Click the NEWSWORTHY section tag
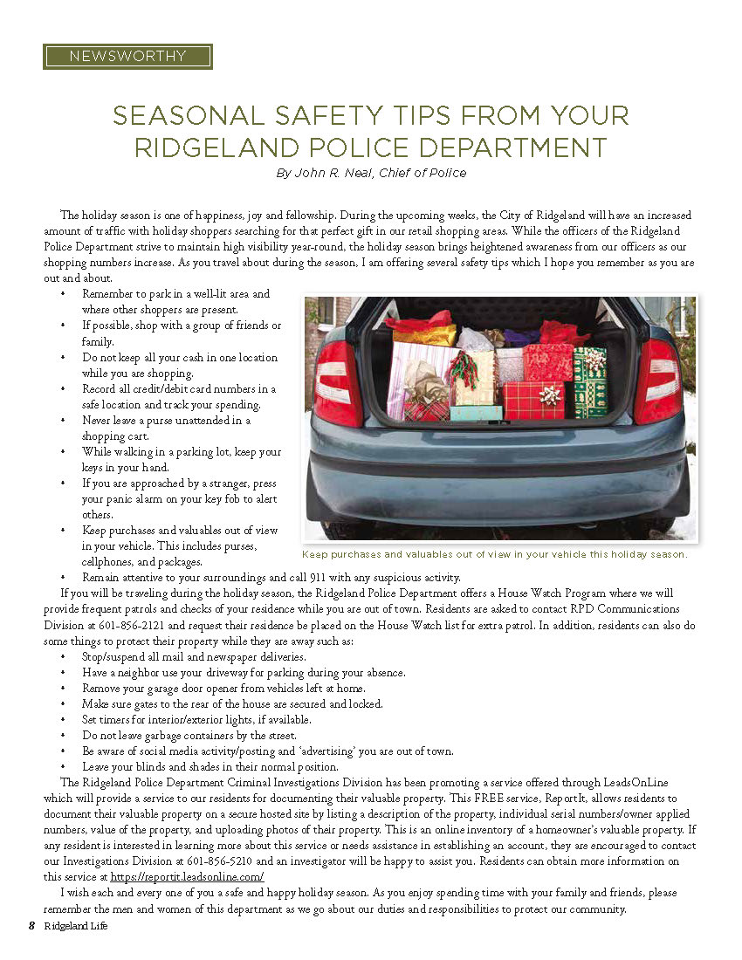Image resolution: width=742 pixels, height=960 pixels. point(127,57)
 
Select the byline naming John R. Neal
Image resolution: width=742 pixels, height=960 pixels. point(371,173)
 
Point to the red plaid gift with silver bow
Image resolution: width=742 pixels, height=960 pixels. point(534,399)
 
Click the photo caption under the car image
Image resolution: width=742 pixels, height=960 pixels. point(495,554)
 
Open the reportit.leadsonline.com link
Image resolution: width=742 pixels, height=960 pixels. point(187,877)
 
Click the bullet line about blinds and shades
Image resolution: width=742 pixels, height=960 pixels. point(210,766)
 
